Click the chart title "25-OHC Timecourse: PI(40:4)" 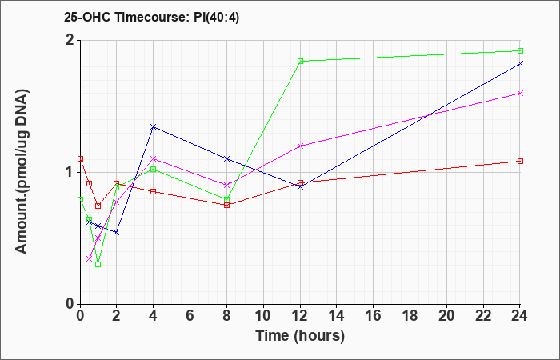151,17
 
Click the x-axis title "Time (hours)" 300,336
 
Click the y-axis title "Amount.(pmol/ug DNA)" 22,171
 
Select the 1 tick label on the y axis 71,173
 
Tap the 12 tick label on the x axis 300,316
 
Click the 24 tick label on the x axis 520,316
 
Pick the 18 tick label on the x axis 410,316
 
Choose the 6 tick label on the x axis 190,316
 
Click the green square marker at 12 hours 300,61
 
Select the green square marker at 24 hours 520,50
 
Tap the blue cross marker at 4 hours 154,126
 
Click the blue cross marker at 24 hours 520,63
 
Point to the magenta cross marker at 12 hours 300,146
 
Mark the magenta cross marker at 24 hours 520,94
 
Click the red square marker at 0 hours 80,159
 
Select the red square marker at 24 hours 520,161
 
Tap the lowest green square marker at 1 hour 98,264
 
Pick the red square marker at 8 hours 226,205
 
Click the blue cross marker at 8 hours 226,158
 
